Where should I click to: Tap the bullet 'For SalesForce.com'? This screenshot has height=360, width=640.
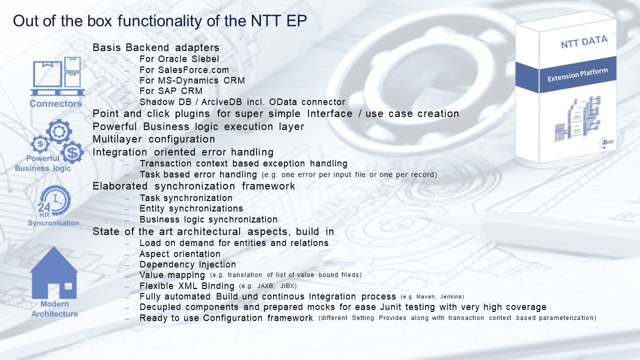[184, 70]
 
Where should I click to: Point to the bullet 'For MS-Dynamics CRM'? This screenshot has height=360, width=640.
[192, 80]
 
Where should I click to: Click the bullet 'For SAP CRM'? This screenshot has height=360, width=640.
[171, 91]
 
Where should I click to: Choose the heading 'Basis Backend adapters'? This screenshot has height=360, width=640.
[156, 48]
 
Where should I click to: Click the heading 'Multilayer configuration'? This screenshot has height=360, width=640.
[154, 139]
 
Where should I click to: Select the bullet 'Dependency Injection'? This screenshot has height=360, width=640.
[187, 264]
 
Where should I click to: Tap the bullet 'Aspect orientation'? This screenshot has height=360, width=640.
[180, 254]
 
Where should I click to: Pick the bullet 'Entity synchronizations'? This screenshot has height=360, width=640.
[191, 208]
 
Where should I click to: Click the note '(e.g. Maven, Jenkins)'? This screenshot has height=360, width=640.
[432, 297]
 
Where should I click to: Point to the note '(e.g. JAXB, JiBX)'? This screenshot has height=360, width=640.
[268, 286]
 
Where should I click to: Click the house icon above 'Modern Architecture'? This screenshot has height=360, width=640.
[54, 272]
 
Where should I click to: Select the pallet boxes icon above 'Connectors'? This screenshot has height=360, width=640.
[57, 76]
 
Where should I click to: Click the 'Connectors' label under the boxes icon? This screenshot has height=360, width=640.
[55, 104]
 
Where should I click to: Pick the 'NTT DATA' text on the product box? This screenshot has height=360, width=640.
[583, 42]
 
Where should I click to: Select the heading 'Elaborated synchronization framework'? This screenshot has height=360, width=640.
[194, 186]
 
